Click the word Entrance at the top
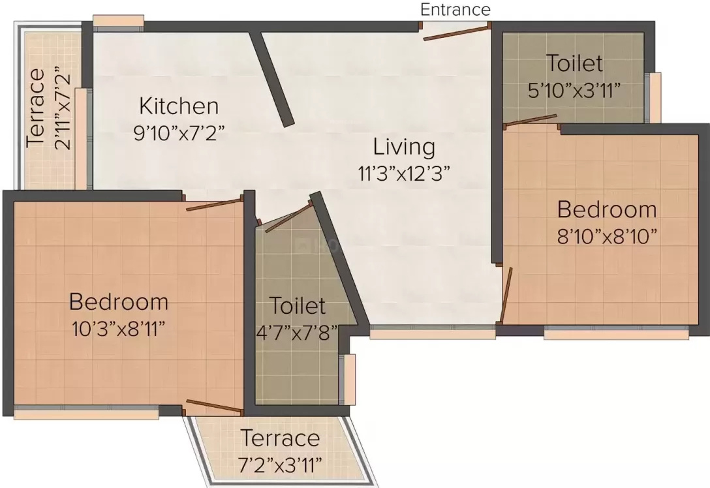coord(455,10)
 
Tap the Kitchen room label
coord(179,106)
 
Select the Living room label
coord(405,147)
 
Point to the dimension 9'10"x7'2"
coord(179,133)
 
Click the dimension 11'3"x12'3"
coord(405,174)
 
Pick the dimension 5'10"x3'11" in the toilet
coord(574,91)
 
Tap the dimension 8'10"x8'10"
coord(607,236)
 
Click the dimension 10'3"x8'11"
coord(117,329)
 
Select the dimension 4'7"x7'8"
coord(297,333)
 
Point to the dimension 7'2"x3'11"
coord(281,465)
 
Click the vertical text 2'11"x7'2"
coord(63,109)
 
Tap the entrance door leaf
coord(455,33)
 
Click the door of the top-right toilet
coord(531,119)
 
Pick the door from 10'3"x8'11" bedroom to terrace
coord(214,406)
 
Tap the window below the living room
coord(433,332)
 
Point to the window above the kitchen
coord(119,23)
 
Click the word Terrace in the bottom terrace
coord(281,438)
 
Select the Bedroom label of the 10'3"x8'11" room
coord(119,302)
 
